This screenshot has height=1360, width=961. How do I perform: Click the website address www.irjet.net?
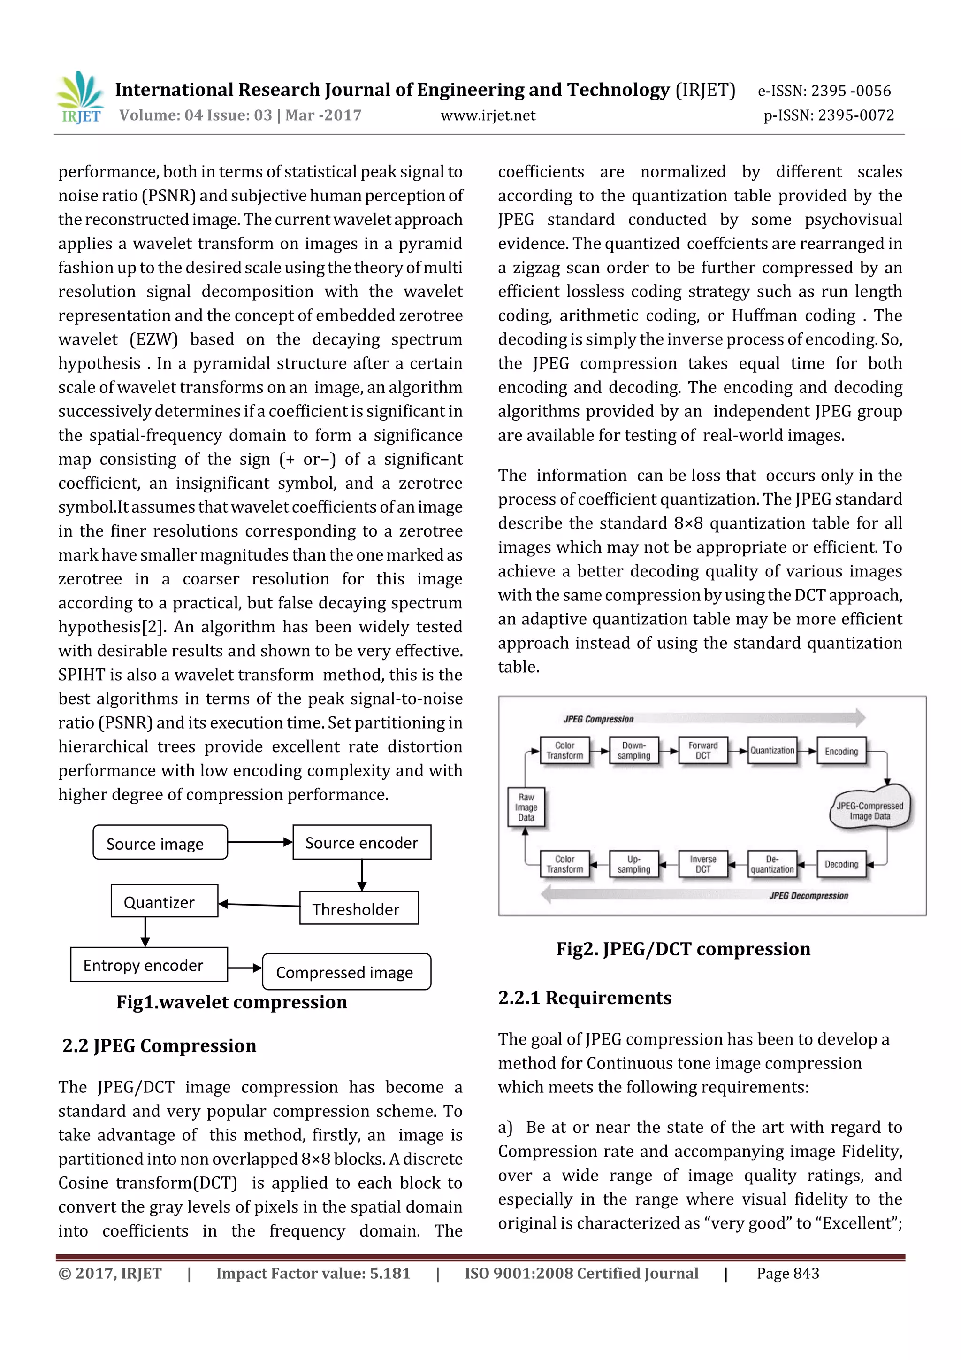[488, 115]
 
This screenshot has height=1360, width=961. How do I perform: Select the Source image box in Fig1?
[160, 842]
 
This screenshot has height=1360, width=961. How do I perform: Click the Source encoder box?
[361, 842]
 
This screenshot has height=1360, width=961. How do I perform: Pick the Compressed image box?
[346, 971]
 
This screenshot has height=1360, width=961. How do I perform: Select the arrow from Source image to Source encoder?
[260, 842]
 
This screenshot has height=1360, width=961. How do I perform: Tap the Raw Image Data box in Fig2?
[526, 807]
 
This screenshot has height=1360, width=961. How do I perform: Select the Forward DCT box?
[702, 751]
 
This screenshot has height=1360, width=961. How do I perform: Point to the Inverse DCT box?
[702, 864]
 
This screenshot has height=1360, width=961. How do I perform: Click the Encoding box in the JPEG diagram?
[841, 751]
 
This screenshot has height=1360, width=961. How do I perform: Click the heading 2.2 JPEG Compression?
[159, 1046]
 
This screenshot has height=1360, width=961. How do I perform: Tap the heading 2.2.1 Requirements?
[584, 998]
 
